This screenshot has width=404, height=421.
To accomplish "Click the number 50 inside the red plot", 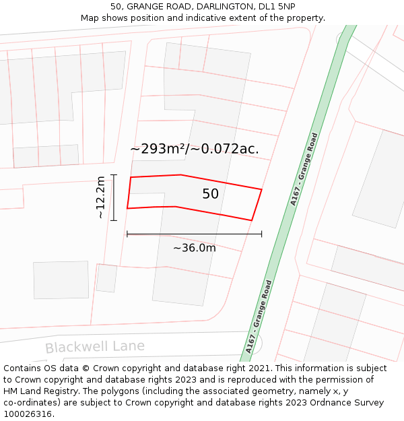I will pyautogui.click(x=210, y=194).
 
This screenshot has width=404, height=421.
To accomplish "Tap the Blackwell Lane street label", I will pyautogui.click(x=95, y=347).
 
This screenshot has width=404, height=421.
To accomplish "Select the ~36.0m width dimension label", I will pyautogui.click(x=194, y=248).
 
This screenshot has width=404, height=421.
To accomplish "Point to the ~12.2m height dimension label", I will pyautogui.click(x=100, y=197).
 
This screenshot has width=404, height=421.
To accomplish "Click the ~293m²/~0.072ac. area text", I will pyautogui.click(x=195, y=149).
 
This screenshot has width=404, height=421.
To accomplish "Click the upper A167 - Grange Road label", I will pyautogui.click(x=304, y=169).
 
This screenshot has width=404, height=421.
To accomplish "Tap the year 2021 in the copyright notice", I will pyautogui.click(x=259, y=368).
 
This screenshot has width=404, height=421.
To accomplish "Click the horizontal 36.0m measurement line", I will pyautogui.click(x=194, y=234).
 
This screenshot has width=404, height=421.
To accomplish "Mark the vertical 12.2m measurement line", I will pyautogui.click(x=114, y=197).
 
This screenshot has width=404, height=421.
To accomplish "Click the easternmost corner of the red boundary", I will pyautogui.click(x=261, y=190).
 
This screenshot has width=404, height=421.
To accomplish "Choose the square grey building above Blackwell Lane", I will pyautogui.click(x=61, y=280).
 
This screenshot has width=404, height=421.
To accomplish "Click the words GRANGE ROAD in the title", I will pyautogui.click(x=156, y=6).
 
